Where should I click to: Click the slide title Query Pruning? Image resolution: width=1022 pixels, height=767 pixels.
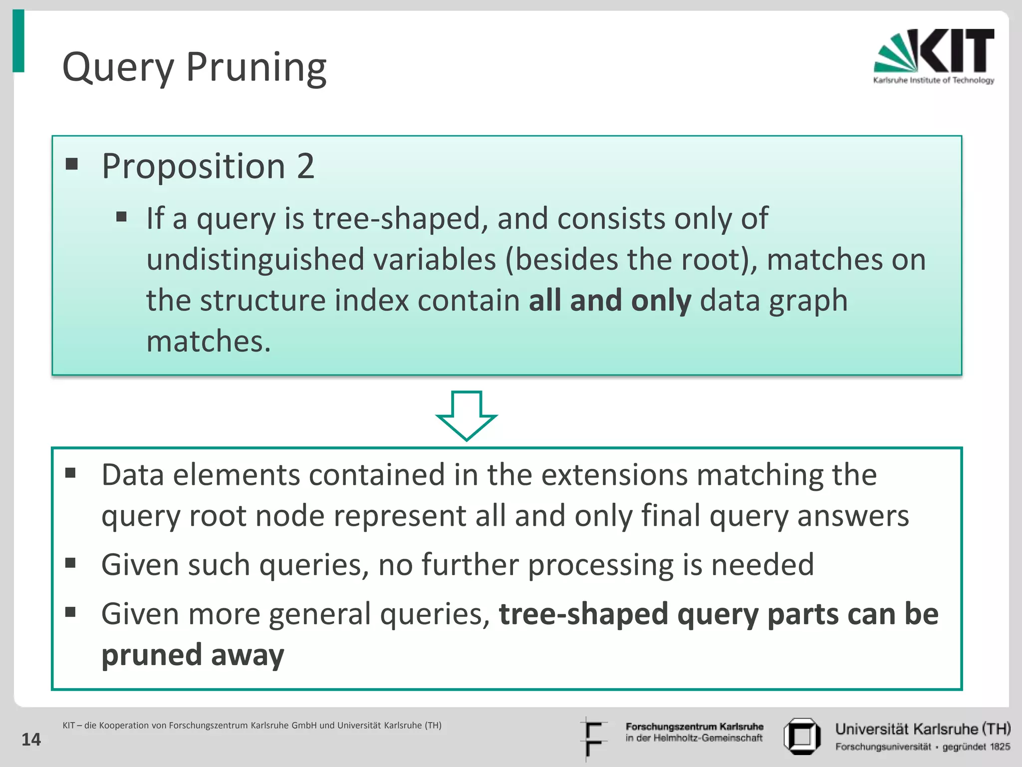tap(194, 67)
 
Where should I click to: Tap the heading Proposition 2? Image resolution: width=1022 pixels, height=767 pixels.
tap(208, 166)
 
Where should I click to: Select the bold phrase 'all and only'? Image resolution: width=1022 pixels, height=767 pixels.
tap(610, 301)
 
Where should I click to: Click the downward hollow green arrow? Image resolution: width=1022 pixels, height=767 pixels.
tap(466, 415)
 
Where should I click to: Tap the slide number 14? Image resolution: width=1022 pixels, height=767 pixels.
tap(31, 740)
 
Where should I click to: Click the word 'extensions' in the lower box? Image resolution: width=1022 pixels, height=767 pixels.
tap(614, 475)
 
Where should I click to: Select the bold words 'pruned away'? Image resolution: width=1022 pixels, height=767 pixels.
tap(193, 655)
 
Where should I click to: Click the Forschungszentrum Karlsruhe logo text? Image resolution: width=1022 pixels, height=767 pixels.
tap(694, 732)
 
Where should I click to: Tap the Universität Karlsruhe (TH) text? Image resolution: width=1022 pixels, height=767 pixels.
tap(923, 730)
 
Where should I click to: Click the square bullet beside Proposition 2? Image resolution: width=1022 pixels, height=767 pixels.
tap(72, 164)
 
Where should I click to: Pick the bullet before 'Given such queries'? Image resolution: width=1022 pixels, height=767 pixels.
tap(70, 563)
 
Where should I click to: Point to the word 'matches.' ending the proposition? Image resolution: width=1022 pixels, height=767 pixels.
tap(209, 342)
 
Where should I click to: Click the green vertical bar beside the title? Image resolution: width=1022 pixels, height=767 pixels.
tap(18, 41)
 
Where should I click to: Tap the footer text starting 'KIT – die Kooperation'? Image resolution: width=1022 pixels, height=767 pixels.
tap(252, 726)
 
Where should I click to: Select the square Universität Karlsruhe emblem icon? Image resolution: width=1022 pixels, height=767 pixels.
tap(801, 736)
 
